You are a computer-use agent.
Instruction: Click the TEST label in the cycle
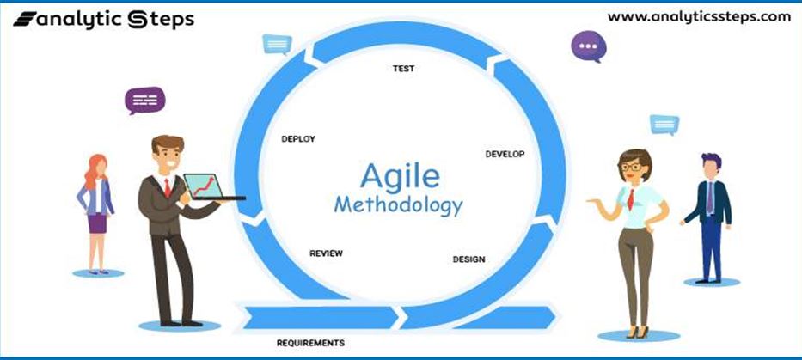click(403, 69)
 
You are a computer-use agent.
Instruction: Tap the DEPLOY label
click(298, 138)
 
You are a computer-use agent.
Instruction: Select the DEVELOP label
click(505, 154)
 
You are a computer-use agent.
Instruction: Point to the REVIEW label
click(326, 253)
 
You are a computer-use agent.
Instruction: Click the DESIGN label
click(469, 259)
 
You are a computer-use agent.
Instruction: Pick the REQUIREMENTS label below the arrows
click(310, 343)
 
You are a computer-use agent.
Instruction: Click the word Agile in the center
click(400, 176)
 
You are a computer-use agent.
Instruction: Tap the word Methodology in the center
click(399, 205)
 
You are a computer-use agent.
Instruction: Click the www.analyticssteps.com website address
click(699, 17)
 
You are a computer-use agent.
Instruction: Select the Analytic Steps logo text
click(104, 20)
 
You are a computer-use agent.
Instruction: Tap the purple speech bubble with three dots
click(589, 46)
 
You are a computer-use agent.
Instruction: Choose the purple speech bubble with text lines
click(144, 101)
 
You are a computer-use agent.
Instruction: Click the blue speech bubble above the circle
click(278, 45)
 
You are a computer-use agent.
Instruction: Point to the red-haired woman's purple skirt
click(97, 223)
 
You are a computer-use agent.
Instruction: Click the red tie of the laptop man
click(168, 188)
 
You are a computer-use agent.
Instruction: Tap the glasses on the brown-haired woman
click(632, 167)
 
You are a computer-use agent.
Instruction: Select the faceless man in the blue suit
click(710, 217)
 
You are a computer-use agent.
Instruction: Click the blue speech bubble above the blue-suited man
click(664, 125)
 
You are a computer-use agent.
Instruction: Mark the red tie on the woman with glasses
click(631, 199)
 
